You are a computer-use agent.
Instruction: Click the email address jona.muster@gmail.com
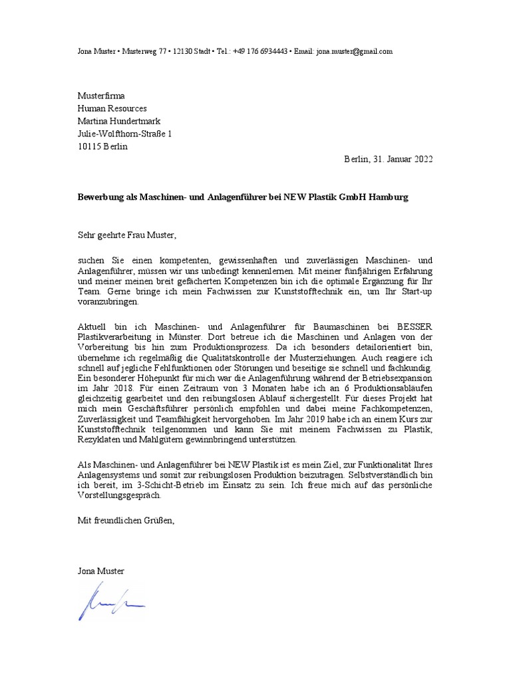tap(355, 51)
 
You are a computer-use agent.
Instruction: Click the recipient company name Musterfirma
tap(101, 96)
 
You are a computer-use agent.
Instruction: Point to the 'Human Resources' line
tap(112, 108)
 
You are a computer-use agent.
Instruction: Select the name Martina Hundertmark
tap(120, 121)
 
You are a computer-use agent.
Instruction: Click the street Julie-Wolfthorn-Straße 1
tap(124, 134)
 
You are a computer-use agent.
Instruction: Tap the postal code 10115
tap(89, 146)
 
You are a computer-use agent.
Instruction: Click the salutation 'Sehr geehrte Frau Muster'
tap(127, 235)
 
